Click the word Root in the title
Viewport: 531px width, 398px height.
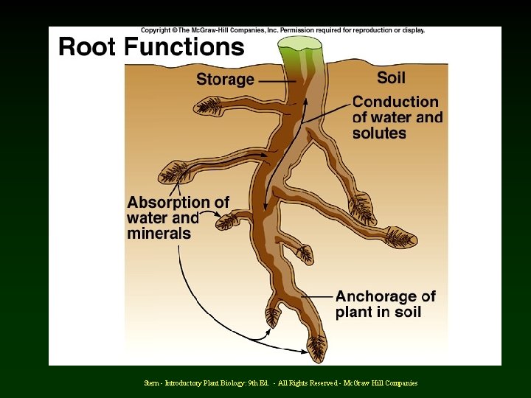tap(88, 47)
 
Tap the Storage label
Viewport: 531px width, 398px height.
tap(225, 79)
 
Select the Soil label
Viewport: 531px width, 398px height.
tap(391, 77)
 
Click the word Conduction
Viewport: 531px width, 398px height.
tap(395, 102)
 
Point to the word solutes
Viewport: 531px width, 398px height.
tap(379, 133)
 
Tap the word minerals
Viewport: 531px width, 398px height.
tap(159, 234)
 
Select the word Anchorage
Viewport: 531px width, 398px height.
tap(376, 296)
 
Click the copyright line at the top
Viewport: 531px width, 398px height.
tap(282, 30)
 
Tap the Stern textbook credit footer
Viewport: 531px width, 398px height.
tap(281, 383)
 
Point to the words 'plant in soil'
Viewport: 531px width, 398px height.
tap(378, 312)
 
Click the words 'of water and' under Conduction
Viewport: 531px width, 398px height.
tap(398, 118)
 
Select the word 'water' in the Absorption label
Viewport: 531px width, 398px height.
tap(147, 218)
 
